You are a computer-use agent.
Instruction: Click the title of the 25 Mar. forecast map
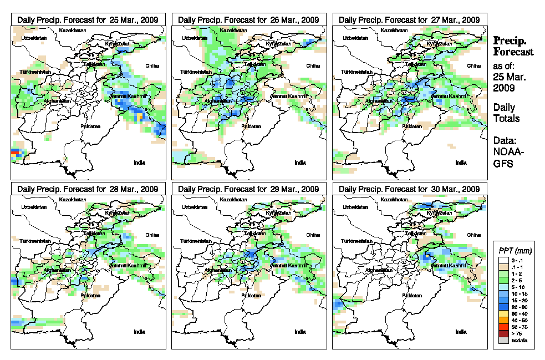click(x=88, y=19)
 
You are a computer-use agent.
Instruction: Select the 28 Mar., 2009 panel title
click(x=88, y=189)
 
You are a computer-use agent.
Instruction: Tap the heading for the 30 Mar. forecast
click(x=409, y=189)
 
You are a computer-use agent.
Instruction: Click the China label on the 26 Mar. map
click(x=313, y=66)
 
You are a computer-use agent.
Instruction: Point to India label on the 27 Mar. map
click(x=460, y=163)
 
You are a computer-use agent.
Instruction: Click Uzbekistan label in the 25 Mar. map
click(x=33, y=38)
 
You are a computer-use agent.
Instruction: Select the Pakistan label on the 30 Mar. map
click(x=412, y=296)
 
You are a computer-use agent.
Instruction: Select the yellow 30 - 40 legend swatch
click(x=503, y=313)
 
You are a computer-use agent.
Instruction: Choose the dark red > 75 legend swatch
click(x=503, y=333)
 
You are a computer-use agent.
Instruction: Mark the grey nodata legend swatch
click(x=503, y=340)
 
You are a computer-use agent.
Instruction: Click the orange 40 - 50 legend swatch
click(x=503, y=320)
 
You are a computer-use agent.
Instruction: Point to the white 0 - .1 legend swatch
click(x=503, y=260)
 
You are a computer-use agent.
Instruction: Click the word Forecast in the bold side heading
click(x=513, y=52)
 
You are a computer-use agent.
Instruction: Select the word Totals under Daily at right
click(x=506, y=118)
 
